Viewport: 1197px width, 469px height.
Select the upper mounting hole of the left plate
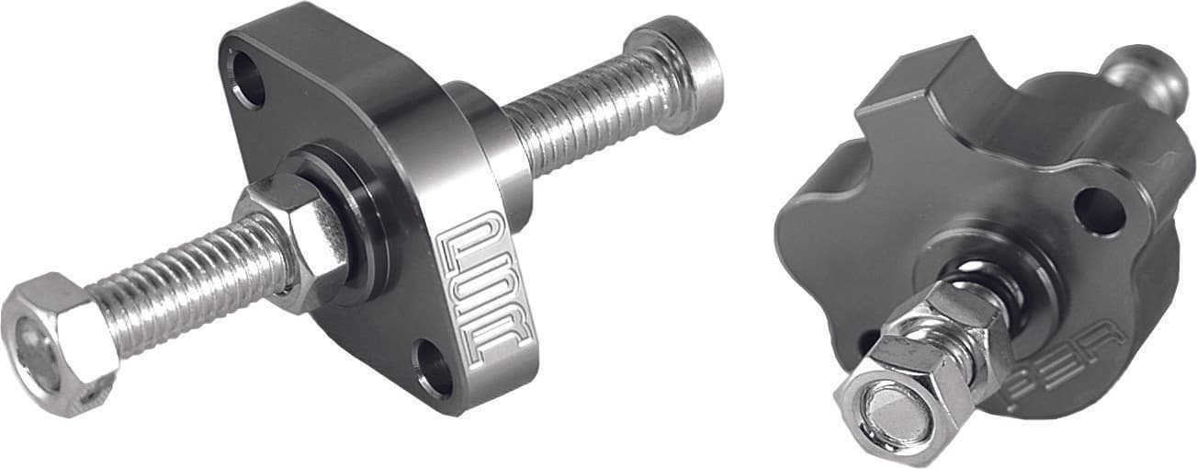tap(246, 78)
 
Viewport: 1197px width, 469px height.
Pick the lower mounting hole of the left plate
tap(433, 367)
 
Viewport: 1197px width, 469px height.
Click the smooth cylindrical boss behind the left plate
tap(487, 147)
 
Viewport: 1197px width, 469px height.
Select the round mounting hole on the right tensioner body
tap(1099, 211)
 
